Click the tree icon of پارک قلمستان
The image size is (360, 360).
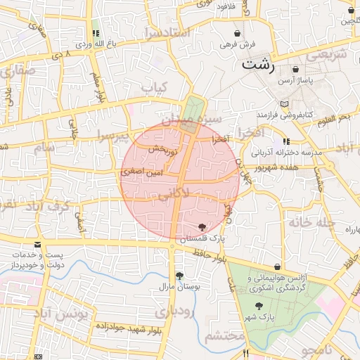(203, 226)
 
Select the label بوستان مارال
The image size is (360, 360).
(180, 288)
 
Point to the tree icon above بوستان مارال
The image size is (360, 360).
(180, 276)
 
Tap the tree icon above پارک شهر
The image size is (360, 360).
(260, 306)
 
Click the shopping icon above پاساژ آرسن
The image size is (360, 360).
(295, 69)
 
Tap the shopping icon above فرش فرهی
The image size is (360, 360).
(238, 33)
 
